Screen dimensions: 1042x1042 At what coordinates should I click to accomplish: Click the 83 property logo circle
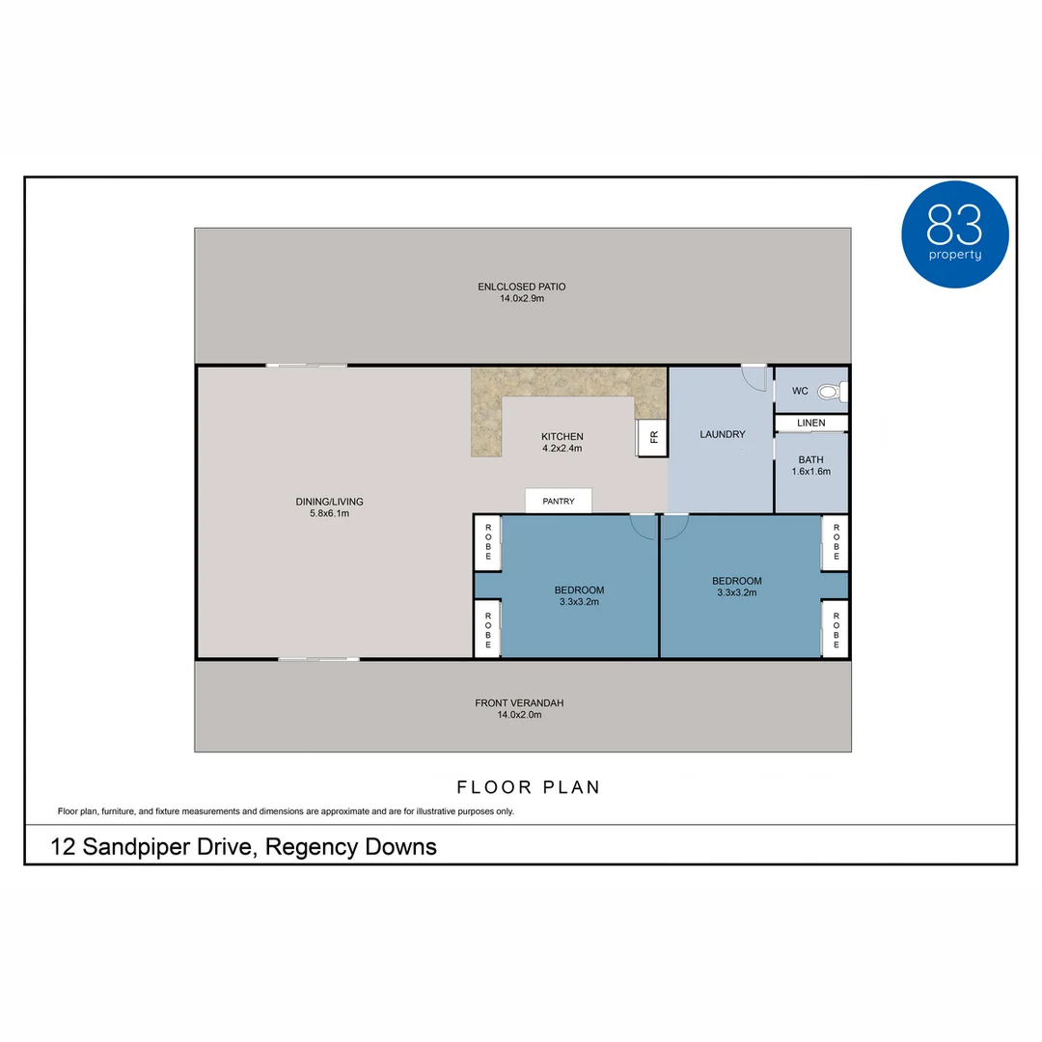tap(954, 234)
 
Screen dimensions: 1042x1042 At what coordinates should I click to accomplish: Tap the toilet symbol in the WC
tap(829, 392)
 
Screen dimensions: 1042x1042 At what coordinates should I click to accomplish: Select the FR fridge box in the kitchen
tap(652, 438)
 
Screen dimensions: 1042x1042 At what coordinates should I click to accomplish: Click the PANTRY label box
tap(559, 501)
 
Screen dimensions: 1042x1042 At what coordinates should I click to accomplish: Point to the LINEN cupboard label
tap(811, 424)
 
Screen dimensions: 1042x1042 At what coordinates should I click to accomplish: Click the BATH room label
tap(810, 459)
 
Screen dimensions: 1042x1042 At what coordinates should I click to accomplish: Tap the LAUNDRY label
tap(722, 434)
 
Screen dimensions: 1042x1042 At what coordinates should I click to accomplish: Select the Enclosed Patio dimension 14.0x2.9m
tap(521, 299)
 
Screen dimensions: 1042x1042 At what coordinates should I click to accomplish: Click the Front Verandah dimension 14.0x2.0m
tap(519, 715)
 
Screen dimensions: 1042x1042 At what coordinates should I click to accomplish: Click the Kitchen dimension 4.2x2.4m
tap(562, 448)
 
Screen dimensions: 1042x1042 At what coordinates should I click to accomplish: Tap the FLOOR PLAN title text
tap(529, 787)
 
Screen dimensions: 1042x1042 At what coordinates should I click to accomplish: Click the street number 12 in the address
tap(63, 847)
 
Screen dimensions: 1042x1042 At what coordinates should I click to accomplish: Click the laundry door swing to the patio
tap(753, 376)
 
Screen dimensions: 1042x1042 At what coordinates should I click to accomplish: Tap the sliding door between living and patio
tap(306, 365)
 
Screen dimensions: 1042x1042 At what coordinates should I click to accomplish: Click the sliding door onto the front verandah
tap(318, 659)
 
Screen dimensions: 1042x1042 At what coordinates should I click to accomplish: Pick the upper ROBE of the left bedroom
tap(487, 542)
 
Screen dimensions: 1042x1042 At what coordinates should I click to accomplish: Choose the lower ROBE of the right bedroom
tap(836, 628)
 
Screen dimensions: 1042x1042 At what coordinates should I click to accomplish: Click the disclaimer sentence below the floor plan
tap(286, 811)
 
